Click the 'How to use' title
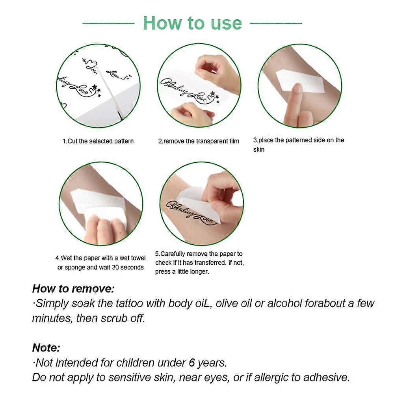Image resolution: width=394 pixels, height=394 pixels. click(x=192, y=23)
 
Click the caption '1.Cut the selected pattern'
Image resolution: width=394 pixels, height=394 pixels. click(x=98, y=141)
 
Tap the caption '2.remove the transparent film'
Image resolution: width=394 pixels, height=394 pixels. click(x=199, y=141)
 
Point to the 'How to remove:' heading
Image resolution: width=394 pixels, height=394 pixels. click(x=73, y=288)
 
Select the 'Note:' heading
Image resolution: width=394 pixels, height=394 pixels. click(x=46, y=348)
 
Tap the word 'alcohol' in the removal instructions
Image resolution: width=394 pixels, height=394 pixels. click(x=290, y=303)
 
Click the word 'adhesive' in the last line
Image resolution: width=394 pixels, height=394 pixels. click(x=327, y=377)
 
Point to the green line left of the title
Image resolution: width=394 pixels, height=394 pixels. click(x=108, y=23)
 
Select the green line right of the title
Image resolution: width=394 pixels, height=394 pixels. click(x=276, y=23)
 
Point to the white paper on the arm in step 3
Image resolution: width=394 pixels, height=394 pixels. click(x=292, y=81)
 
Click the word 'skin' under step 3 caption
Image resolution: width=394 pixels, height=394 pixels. click(x=258, y=150)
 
